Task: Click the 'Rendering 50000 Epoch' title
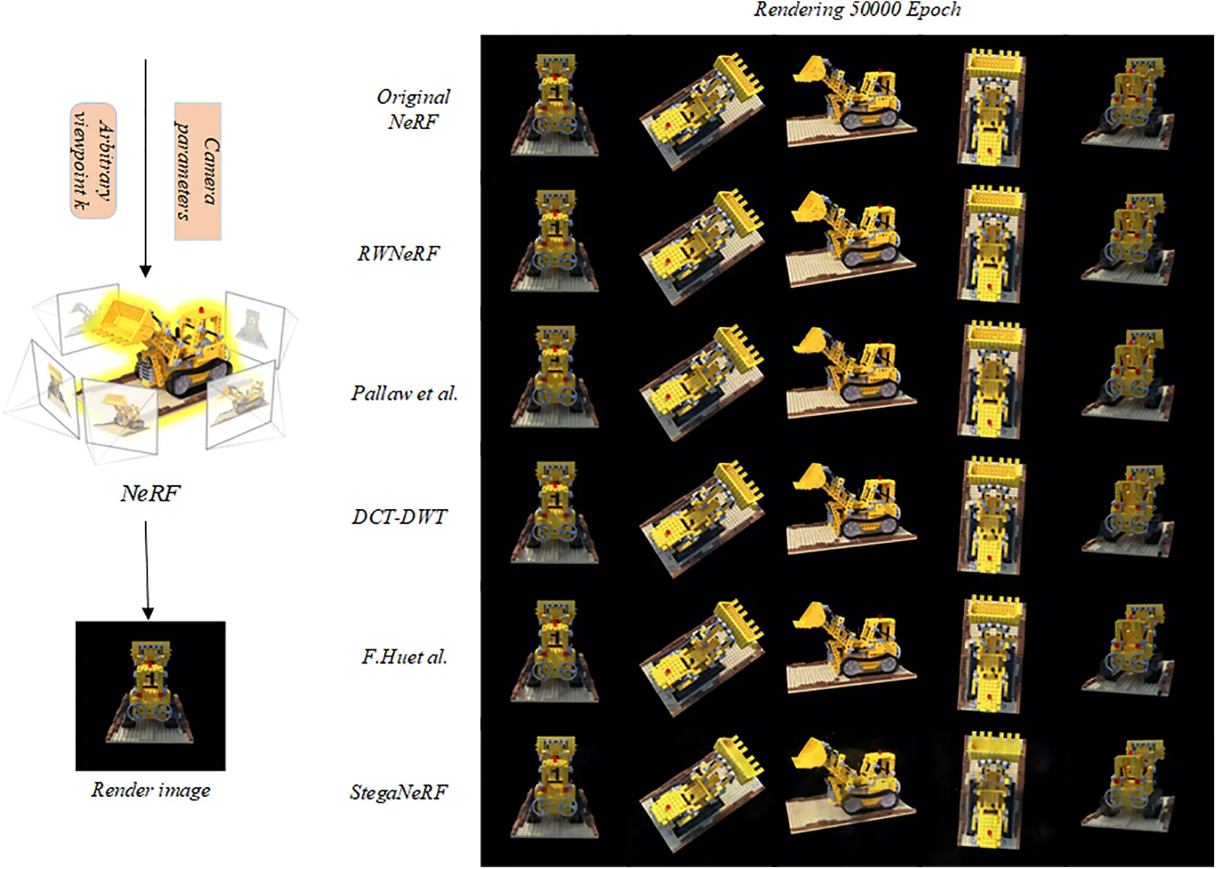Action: coord(857,10)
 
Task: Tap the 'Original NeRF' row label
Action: coord(413,109)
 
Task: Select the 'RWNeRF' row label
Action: coord(398,253)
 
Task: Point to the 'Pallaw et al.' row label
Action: coord(404,393)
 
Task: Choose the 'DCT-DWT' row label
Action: coord(400,516)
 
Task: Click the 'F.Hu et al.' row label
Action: coord(404,657)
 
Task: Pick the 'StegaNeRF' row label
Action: coord(399,792)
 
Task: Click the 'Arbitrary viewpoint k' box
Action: coord(93,161)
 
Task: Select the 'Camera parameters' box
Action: coord(198,172)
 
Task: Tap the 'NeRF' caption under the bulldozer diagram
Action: coord(151,493)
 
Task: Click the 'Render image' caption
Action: coord(151,790)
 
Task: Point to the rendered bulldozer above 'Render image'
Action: coord(150,695)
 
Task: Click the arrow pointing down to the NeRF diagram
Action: coord(146,168)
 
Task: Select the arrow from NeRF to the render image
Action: coord(147,570)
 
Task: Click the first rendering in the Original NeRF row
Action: coord(555,105)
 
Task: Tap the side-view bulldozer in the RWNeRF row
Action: coord(851,237)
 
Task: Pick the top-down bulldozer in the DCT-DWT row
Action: coord(991,516)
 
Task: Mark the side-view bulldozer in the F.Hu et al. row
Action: coord(851,646)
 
